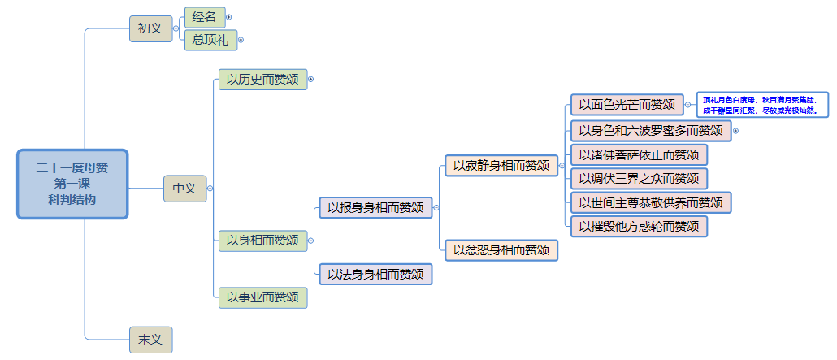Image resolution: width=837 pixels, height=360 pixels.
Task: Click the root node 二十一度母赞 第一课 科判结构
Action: tap(72, 184)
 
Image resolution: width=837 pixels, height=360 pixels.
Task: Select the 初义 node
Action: tap(150, 28)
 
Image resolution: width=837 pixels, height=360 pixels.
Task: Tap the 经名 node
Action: tap(203, 16)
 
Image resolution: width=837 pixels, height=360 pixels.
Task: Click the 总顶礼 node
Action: tap(210, 39)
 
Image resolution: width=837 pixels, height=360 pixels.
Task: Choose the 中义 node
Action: tap(184, 188)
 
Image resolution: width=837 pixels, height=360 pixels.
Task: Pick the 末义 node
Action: tap(150, 339)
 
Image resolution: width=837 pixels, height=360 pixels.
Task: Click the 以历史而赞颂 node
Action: tap(262, 79)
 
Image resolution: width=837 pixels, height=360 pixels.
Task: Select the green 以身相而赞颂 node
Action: tap(262, 241)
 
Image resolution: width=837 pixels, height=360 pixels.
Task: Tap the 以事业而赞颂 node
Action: tap(262, 297)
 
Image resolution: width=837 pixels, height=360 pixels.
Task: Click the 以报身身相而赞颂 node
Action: tap(375, 207)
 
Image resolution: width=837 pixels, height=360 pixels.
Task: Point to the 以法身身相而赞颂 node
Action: tap(375, 275)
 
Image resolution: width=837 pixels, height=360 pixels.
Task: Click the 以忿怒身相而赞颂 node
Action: tap(501, 249)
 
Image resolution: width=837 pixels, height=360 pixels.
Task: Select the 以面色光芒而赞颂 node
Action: tap(627, 104)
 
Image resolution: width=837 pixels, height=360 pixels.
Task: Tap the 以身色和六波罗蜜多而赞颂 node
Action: tap(650, 130)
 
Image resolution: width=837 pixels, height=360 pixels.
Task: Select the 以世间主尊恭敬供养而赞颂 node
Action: tap(650, 202)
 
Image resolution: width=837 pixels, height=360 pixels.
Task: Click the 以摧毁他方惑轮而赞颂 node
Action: tap(639, 226)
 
